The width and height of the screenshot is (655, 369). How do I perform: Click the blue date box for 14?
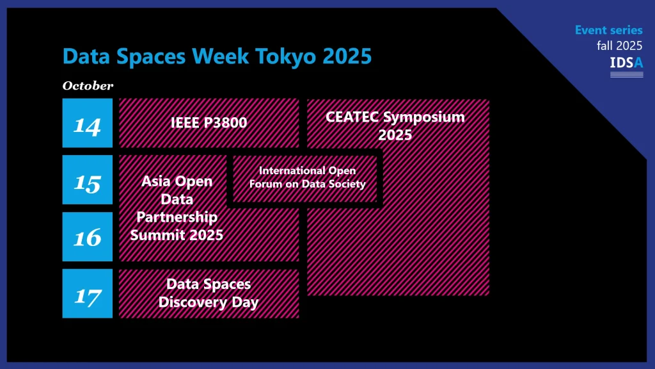[87, 123]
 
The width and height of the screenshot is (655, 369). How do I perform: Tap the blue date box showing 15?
[87, 180]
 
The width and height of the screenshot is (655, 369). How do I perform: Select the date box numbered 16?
[87, 237]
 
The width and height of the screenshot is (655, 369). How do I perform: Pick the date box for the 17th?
[87, 293]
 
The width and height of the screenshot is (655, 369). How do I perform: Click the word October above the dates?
[88, 86]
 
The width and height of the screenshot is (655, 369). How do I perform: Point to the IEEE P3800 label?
[209, 122]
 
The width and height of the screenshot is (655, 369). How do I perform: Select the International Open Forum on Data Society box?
[305, 179]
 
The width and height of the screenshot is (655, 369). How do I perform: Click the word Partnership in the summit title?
[177, 217]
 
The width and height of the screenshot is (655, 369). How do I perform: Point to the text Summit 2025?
[177, 234]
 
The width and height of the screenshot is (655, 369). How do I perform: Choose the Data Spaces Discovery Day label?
[209, 293]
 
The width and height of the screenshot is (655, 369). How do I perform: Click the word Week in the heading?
[220, 56]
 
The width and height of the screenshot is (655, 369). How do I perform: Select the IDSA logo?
[627, 66]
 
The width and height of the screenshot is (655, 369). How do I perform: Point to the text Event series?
[609, 30]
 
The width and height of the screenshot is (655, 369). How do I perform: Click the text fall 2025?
[619, 45]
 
